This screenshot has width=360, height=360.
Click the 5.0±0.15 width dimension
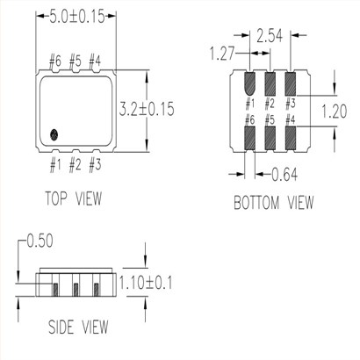(76, 17)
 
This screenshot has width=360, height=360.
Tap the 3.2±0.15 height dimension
(147, 109)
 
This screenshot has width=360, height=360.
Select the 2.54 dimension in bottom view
(270, 36)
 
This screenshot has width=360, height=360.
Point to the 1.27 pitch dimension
(222, 54)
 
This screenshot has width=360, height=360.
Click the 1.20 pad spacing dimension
(334, 112)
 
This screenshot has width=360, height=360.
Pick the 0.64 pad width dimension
(284, 175)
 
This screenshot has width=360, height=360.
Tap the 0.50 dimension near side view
(40, 241)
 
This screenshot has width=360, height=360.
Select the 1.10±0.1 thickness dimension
(146, 283)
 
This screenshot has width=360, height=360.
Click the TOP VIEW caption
(74, 198)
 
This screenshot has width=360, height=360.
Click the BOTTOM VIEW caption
(274, 203)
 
